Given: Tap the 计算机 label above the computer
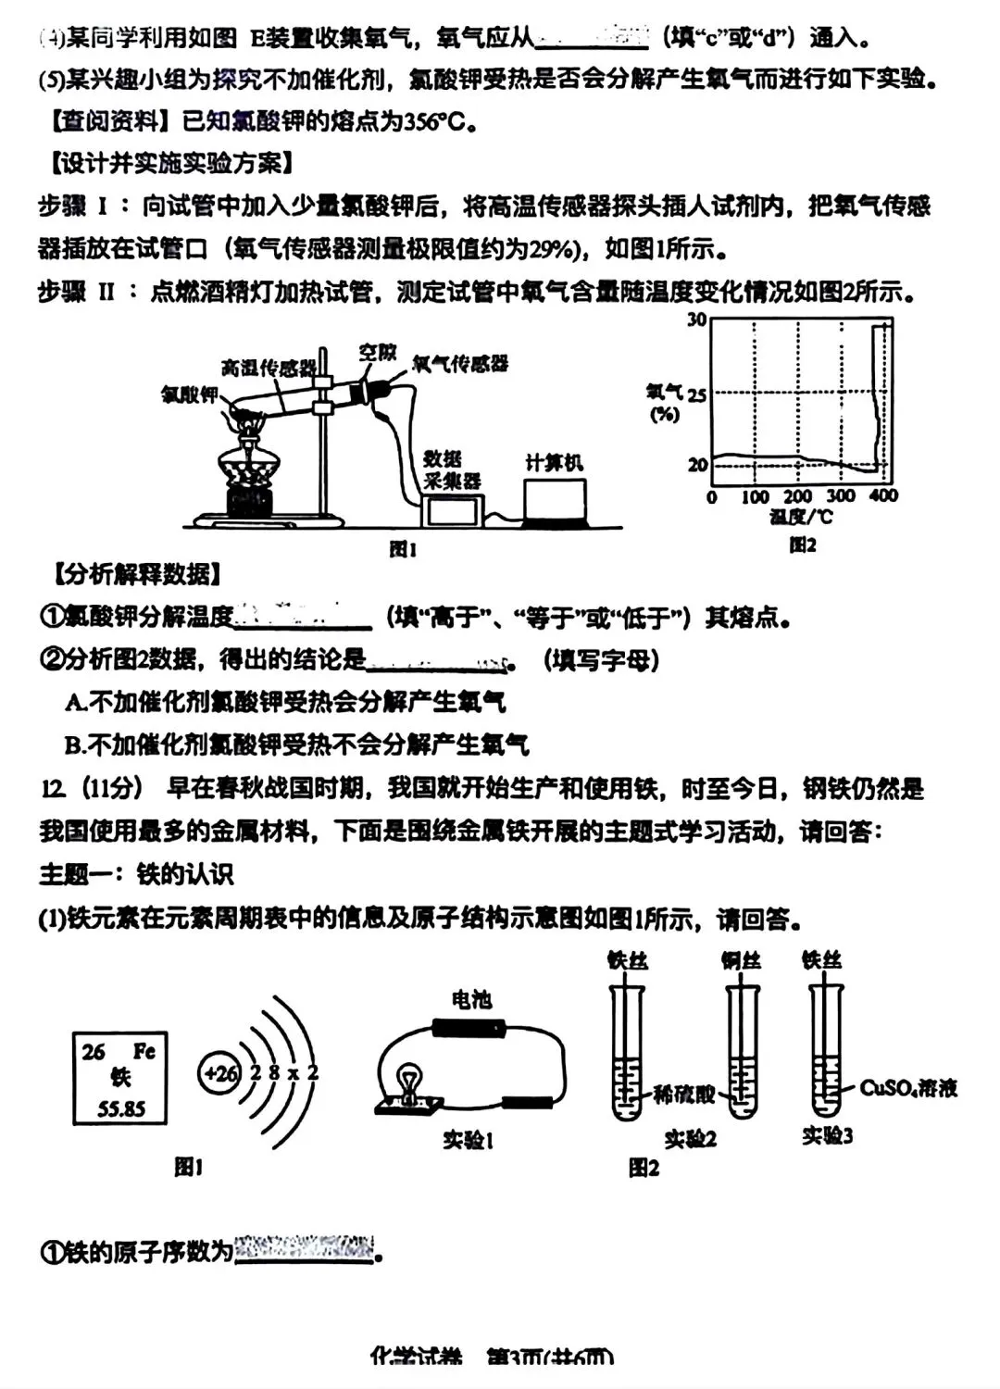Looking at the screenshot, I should (554, 462).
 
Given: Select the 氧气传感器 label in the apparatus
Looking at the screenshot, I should (460, 363).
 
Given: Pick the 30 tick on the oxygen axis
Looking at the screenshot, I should (696, 320).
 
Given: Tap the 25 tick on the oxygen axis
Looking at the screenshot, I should (696, 394).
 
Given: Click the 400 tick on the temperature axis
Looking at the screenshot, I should (883, 496).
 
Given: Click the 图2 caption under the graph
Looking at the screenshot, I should (802, 545).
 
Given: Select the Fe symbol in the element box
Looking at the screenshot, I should (144, 1051).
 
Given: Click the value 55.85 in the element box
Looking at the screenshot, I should (120, 1108).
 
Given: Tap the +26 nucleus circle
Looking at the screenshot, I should (220, 1073).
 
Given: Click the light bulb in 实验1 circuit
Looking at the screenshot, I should (408, 1082).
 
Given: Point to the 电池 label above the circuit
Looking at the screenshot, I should (471, 999).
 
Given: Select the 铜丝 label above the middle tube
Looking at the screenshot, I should (741, 960).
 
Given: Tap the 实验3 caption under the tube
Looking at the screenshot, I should (827, 1135).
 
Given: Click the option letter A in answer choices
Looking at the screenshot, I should (76, 703).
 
